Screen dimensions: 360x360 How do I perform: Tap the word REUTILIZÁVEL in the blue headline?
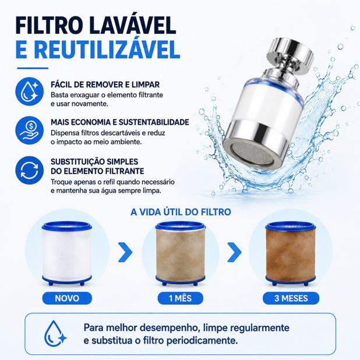point(108,50)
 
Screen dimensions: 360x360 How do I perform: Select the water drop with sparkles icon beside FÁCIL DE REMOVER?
point(29,91)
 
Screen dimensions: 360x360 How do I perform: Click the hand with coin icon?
point(29,130)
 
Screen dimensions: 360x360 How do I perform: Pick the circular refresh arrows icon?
point(29,170)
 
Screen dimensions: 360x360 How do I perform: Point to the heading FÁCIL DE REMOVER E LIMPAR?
point(105,84)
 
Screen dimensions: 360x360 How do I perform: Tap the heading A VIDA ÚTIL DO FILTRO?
point(181,212)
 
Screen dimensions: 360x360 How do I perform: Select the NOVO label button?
point(67,298)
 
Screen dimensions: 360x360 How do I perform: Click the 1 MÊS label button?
point(180,298)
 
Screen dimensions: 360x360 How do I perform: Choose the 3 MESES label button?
point(291,298)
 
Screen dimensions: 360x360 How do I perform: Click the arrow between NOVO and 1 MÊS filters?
point(125,252)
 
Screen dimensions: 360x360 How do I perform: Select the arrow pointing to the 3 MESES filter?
point(234,252)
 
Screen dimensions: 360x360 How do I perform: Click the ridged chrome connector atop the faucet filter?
point(290,55)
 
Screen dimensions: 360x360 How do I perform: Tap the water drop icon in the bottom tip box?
point(54,334)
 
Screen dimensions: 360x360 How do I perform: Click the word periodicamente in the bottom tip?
point(202,340)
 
